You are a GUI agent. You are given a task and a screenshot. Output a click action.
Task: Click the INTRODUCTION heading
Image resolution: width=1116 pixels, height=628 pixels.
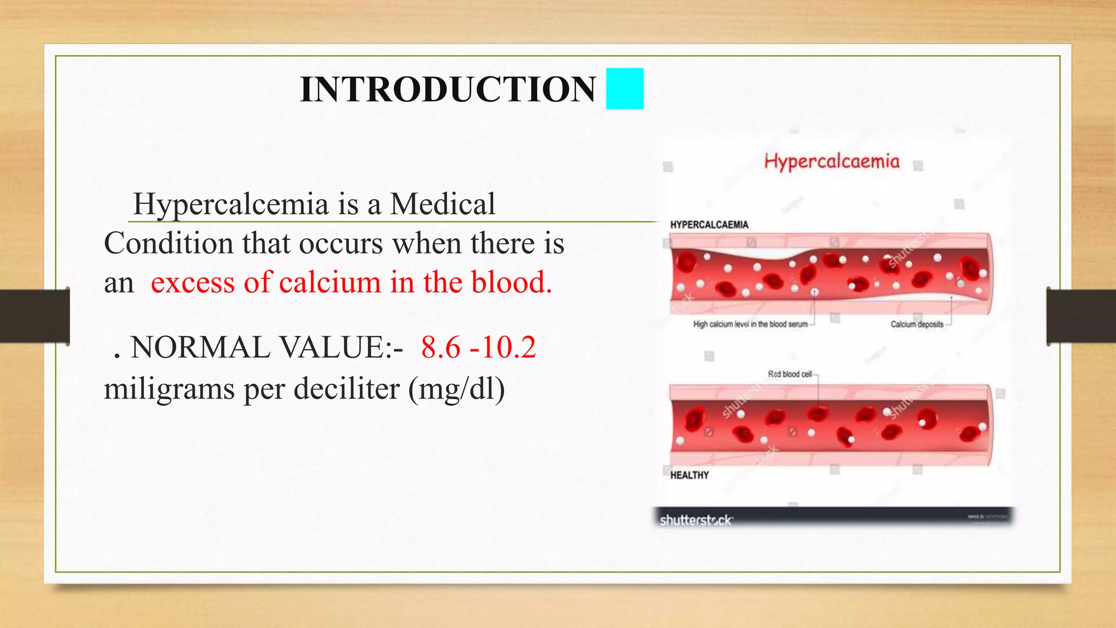point(447,89)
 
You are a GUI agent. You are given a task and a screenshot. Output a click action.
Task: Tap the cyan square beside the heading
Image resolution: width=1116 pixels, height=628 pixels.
point(624,89)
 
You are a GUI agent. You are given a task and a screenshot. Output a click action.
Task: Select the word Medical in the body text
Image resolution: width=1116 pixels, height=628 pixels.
point(442,204)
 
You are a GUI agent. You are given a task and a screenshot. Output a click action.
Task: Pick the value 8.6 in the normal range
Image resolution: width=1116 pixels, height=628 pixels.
point(440,347)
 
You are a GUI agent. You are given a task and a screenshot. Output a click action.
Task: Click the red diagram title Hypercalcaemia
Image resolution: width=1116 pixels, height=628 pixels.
point(832,161)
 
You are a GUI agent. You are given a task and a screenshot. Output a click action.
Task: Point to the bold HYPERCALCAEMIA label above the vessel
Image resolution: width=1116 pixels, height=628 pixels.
point(709,225)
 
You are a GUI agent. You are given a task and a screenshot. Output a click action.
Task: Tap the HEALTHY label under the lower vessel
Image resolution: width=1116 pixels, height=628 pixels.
point(689,475)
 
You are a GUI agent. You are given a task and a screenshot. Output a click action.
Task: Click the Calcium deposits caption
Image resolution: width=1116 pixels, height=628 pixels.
point(917,324)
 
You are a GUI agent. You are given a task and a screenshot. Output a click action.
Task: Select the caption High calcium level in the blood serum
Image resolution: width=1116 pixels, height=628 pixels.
point(750,324)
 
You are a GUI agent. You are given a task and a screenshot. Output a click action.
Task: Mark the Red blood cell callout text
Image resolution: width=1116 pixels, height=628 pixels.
point(789,374)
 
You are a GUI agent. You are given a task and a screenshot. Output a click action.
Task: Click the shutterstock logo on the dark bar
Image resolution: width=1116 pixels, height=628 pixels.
point(696,520)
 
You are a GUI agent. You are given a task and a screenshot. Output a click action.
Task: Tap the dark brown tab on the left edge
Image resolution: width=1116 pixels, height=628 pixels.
point(34,316)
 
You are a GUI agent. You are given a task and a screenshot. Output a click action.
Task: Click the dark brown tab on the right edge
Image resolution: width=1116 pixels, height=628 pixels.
point(1081,316)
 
